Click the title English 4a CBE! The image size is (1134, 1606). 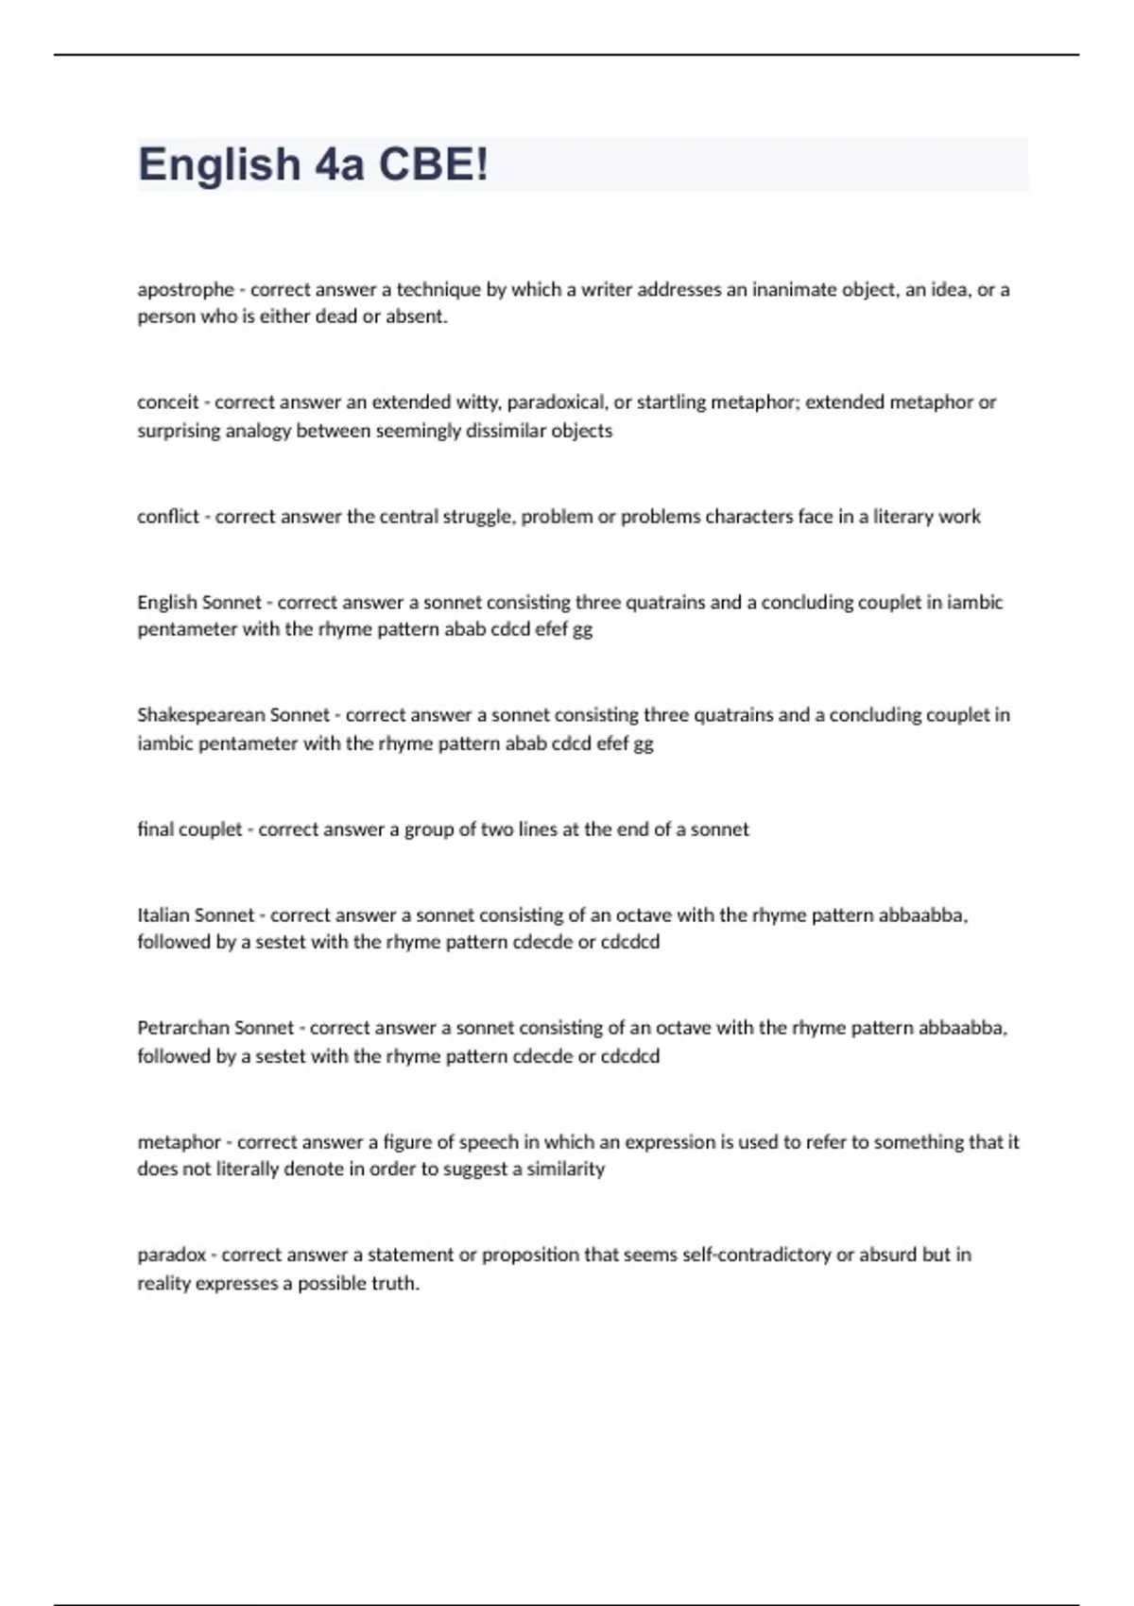314,164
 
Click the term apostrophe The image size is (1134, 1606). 185,289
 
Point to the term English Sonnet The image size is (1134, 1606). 199,602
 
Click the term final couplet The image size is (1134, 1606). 190,829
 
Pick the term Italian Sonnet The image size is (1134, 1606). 196,914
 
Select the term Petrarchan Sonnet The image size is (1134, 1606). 215,1028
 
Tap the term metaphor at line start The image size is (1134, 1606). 179,1142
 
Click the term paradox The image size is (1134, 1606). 171,1256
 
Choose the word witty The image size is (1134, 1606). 477,402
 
